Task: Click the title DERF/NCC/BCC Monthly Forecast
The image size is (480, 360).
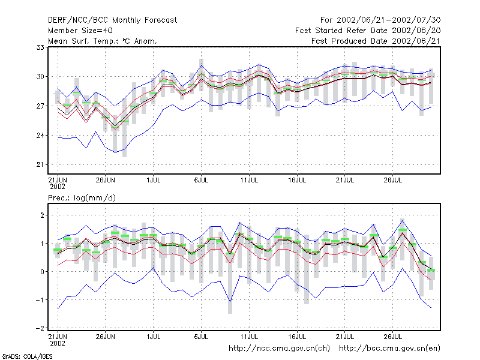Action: tap(112, 20)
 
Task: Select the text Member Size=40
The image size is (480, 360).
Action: tap(80, 31)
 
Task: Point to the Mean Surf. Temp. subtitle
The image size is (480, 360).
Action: tap(103, 41)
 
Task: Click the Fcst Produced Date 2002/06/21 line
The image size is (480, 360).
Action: tap(376, 41)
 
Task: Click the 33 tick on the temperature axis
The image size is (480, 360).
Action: tap(40, 47)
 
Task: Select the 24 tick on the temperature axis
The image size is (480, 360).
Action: tap(40, 136)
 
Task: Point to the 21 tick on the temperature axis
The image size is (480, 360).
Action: tap(40, 164)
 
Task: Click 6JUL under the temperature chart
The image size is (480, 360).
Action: tap(201, 181)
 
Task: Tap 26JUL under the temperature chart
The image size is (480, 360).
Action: tap(393, 181)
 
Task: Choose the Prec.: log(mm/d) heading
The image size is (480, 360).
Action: tap(82, 198)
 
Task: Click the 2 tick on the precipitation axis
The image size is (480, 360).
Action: tap(42, 215)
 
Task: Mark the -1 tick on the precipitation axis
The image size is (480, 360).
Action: tap(40, 300)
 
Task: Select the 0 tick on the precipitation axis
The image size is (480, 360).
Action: tap(42, 272)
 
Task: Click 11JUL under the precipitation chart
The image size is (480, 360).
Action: tap(249, 337)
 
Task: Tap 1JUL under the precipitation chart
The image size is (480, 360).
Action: tap(154, 337)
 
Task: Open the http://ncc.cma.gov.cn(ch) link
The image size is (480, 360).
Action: tap(280, 349)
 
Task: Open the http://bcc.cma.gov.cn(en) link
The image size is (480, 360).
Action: tap(389, 349)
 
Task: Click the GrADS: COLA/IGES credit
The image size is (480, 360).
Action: tap(27, 356)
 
